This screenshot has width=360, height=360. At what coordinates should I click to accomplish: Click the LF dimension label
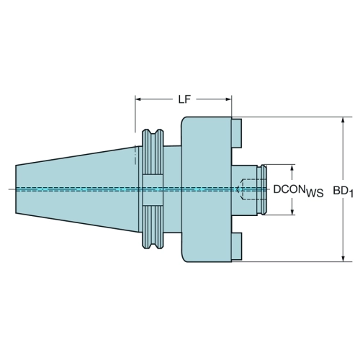tap(184, 99)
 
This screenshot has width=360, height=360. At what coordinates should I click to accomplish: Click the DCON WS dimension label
tap(298, 191)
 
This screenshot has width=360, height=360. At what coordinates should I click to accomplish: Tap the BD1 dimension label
tap(343, 192)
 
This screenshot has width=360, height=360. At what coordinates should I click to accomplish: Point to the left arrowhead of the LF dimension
tap(138, 99)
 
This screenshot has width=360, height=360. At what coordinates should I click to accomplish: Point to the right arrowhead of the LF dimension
tap(228, 99)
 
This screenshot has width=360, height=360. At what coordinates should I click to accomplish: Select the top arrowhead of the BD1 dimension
tap(343, 120)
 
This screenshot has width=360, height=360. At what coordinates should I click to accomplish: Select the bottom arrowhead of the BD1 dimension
tap(343, 258)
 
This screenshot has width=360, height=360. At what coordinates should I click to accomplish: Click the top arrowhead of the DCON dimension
tap(292, 168)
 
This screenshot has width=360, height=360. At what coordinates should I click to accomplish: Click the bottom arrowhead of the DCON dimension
tap(292, 212)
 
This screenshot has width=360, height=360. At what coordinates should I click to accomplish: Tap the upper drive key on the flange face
tap(237, 133)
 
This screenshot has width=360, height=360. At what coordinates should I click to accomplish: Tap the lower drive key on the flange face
tap(237, 246)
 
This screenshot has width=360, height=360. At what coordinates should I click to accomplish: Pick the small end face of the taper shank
tap(16, 189)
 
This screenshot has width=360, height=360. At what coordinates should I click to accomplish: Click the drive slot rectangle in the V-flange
tap(153, 191)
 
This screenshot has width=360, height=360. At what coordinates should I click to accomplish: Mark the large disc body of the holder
tap(207, 189)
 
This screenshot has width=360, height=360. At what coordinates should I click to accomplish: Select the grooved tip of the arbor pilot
tap(264, 189)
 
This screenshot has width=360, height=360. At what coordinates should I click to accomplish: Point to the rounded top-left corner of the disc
tap(184, 120)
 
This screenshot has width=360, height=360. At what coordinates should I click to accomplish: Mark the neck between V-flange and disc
tap(172, 189)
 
